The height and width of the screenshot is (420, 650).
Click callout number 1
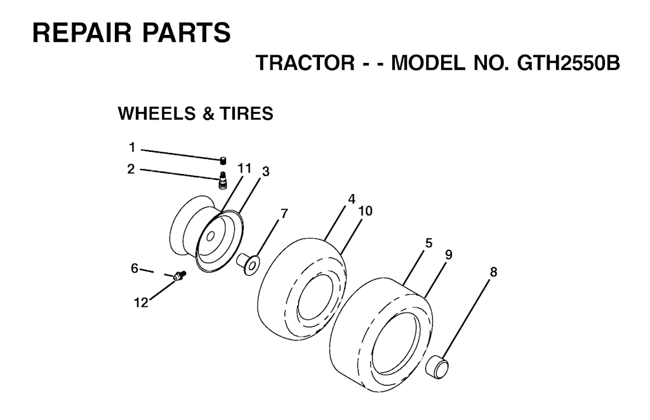point(132,147)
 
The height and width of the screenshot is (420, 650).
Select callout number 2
point(131,169)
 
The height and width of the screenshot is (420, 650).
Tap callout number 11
point(244,168)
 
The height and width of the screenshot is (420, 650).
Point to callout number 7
point(284,213)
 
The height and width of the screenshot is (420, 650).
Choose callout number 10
point(366,211)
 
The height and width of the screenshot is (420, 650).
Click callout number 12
point(141,302)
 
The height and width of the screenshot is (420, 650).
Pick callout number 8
point(493,272)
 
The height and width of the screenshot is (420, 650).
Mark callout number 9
point(449,254)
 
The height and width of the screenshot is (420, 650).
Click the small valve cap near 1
point(223,160)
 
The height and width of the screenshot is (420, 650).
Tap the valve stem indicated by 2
point(223,180)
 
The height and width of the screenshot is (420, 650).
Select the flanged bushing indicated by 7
point(248,264)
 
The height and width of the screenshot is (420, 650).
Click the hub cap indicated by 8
point(438,367)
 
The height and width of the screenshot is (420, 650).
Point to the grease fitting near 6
point(180,276)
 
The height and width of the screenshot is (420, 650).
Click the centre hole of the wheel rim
point(210,236)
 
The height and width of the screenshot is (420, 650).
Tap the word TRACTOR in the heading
point(305,63)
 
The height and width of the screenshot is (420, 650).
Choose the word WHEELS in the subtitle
point(157,113)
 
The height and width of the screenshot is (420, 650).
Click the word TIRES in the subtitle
point(246,113)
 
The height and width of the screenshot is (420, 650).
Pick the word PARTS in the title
point(187,32)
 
